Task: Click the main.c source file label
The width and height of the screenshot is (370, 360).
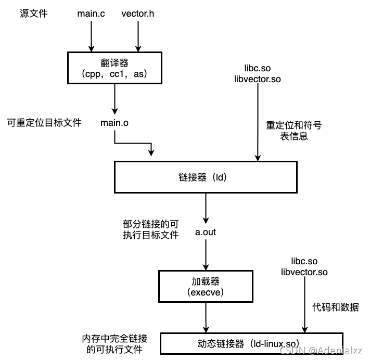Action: click(x=91, y=14)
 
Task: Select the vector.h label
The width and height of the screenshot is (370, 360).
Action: click(x=138, y=14)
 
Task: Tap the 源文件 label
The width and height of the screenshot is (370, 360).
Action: click(x=34, y=14)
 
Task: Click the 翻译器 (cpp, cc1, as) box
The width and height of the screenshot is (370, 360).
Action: click(x=114, y=68)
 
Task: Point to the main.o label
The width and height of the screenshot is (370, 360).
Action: click(x=115, y=123)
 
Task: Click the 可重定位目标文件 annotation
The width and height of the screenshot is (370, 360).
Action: click(x=44, y=123)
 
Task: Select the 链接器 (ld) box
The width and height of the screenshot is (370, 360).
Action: click(x=207, y=176)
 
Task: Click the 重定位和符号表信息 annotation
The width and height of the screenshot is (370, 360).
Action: click(x=294, y=131)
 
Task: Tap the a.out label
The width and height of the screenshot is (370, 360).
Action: click(x=206, y=232)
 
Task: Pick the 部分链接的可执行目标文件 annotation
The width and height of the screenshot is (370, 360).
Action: click(x=151, y=229)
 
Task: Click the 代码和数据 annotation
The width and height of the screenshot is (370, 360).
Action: click(x=336, y=307)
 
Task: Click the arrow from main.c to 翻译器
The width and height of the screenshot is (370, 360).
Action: click(x=91, y=36)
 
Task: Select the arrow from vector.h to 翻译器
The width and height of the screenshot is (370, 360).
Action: click(x=138, y=36)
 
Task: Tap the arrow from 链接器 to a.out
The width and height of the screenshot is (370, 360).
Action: click(x=206, y=208)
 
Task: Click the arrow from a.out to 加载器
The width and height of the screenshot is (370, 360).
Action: click(x=206, y=255)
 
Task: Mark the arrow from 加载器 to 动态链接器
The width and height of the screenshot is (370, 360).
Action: click(x=206, y=318)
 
